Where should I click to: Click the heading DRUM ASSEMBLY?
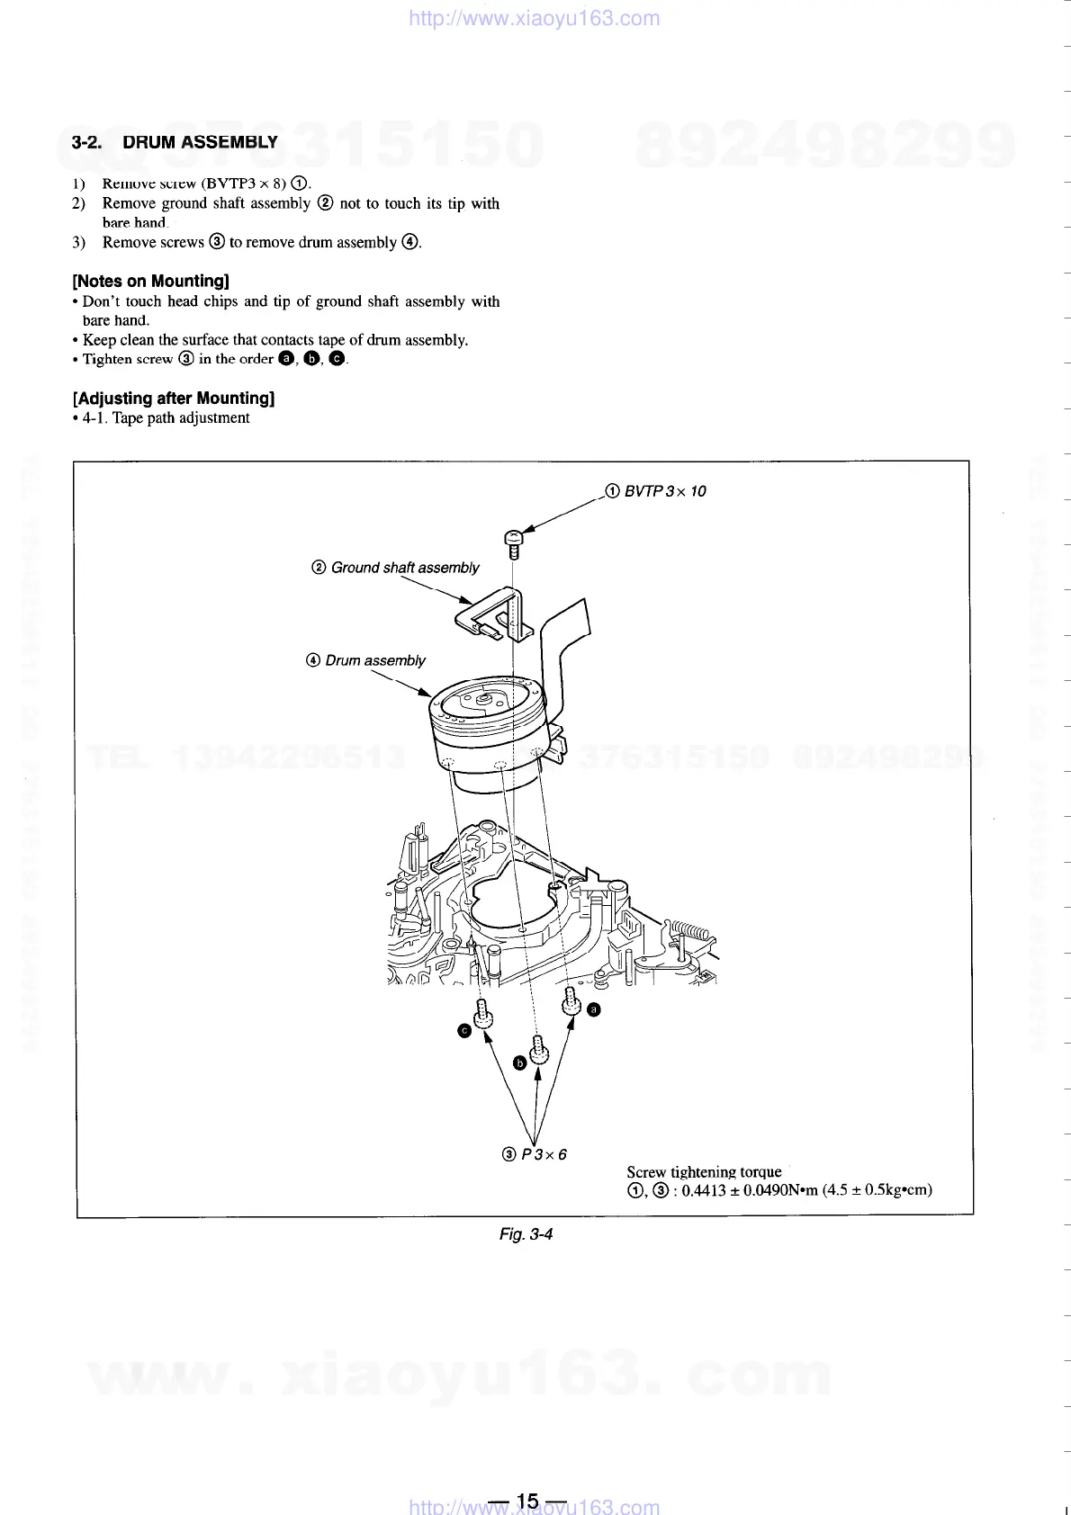[x=200, y=142]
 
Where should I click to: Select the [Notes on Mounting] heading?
[x=150, y=281]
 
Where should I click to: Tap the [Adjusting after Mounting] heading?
[x=173, y=398]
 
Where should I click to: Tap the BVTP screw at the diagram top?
[x=513, y=542]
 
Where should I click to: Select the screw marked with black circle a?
[x=571, y=1000]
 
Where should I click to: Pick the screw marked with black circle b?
[x=538, y=1050]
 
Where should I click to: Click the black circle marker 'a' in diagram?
[x=593, y=1010]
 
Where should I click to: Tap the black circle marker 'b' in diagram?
[x=518, y=1063]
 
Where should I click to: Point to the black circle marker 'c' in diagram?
[x=463, y=1030]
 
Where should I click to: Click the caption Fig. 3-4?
[x=526, y=1234]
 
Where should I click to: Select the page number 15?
[x=528, y=1501]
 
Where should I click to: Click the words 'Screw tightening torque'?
[x=704, y=1171]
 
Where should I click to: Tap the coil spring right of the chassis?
[x=690, y=931]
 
